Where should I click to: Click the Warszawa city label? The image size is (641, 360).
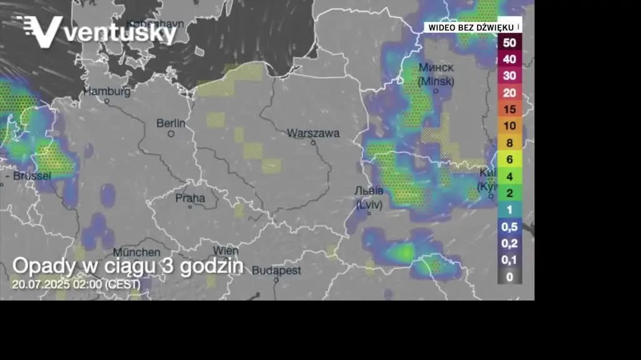tap(313, 133)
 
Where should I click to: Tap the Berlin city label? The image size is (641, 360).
tap(171, 123)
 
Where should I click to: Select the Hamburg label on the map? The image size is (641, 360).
tap(107, 91)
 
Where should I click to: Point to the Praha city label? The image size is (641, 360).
tap(190, 198)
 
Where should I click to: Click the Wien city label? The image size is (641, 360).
tap(225, 250)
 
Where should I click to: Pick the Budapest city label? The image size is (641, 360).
tap(276, 270)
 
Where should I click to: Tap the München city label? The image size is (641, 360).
tap(136, 252)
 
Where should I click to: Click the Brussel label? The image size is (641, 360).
tap(31, 176)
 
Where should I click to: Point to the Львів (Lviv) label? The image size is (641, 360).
tap(368, 197)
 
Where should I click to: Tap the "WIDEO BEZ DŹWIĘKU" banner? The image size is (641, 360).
tap(471, 28)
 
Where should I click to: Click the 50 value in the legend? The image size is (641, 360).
tap(510, 43)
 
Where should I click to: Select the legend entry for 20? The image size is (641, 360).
tap(510, 92)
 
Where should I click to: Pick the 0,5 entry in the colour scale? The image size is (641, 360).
tap(510, 226)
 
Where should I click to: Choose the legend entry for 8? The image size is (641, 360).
tap(510, 143)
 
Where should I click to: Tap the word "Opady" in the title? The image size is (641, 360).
tap(44, 265)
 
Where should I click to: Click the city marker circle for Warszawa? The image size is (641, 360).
tap(314, 142)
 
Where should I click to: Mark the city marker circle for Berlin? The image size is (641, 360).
tap(171, 133)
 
